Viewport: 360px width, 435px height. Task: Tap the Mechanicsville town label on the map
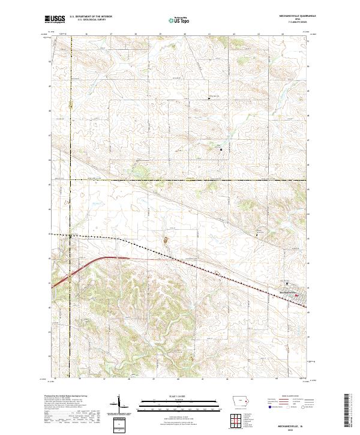click(289, 292)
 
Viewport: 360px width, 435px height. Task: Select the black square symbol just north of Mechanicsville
click(287, 284)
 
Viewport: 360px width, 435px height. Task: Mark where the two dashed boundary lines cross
click(70, 179)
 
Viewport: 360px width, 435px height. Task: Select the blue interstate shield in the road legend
click(268, 406)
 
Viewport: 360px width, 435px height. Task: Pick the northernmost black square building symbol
click(209, 98)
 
